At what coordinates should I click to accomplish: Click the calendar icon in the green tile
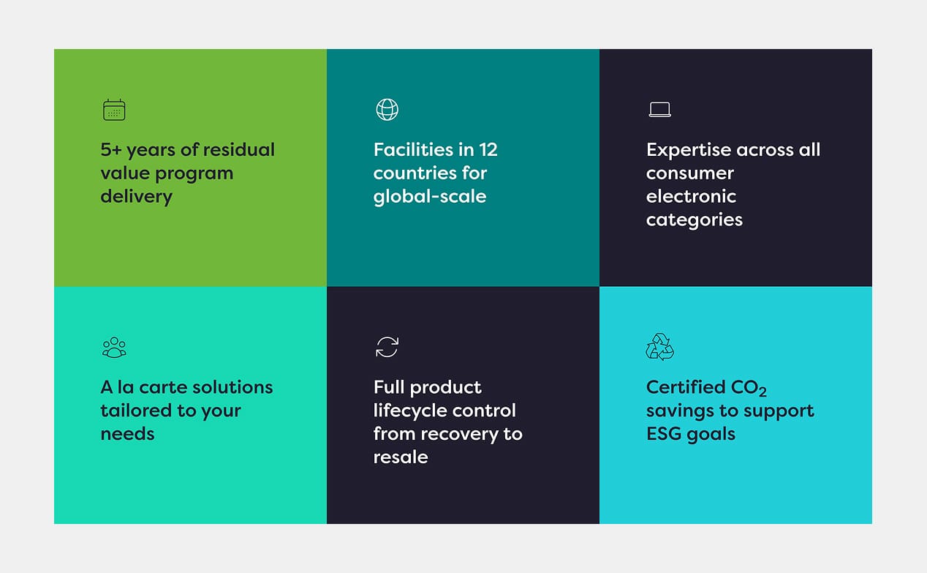(114, 110)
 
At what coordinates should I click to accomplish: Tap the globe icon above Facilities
(387, 110)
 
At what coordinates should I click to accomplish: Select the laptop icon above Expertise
(659, 110)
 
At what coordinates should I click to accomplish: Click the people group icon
(114, 347)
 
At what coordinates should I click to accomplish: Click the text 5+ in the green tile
(111, 149)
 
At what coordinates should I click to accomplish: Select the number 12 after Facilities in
(488, 149)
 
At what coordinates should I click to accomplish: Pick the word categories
(694, 220)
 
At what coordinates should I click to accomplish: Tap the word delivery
(136, 196)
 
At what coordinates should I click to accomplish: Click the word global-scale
(430, 196)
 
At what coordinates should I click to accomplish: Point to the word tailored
(135, 411)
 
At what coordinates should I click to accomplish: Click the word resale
(401, 457)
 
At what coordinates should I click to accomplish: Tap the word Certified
(685, 387)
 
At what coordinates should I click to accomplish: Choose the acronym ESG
(663, 434)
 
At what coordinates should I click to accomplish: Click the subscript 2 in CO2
(763, 392)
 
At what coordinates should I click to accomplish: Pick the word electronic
(691, 196)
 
